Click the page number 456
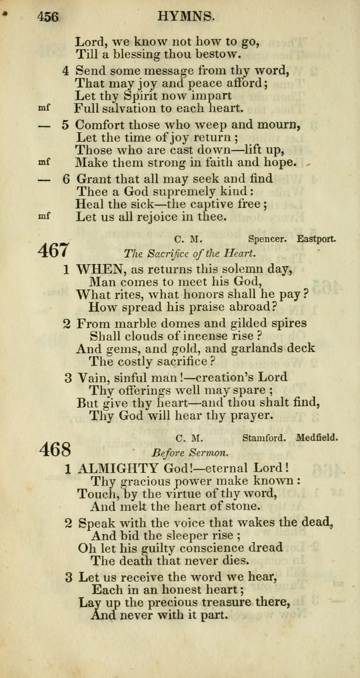pos(48,17)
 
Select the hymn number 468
pos(56,450)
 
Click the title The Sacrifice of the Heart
pos(190,253)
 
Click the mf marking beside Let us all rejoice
pos(44,215)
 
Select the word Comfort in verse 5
pos(100,125)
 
